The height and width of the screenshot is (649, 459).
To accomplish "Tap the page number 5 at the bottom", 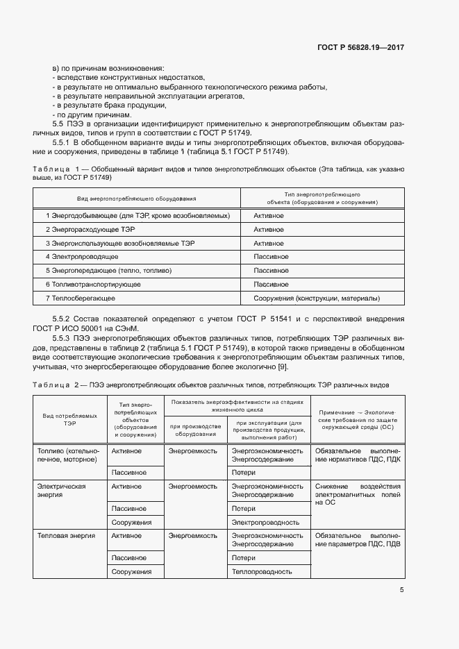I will click(x=402, y=591).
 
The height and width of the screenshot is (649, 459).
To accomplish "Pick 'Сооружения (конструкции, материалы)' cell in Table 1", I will click(x=317, y=298).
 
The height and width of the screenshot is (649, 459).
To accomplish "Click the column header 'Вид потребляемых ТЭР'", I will click(x=69, y=418).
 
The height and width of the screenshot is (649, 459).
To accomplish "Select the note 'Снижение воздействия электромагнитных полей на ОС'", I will click(x=358, y=494).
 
